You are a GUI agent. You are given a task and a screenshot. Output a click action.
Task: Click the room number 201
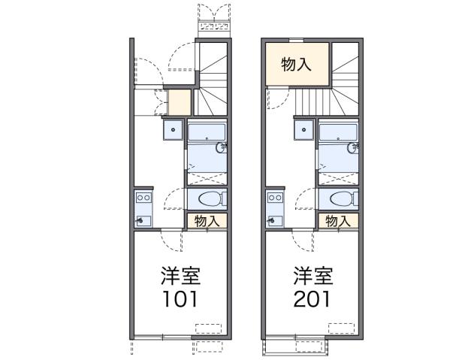tap(310, 298)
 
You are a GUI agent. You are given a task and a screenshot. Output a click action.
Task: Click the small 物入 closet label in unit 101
tap(207, 221)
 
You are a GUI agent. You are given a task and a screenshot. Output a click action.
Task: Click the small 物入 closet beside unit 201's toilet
tap(338, 221)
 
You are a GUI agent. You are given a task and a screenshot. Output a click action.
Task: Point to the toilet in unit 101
tap(207, 199)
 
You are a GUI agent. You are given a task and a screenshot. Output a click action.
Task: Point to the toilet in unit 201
tap(339, 199)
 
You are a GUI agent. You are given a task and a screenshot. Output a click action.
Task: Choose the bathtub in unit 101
tap(206, 133)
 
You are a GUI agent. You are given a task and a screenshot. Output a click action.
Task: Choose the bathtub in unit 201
tap(337, 133)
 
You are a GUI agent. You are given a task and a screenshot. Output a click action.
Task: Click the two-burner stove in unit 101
tap(143, 198)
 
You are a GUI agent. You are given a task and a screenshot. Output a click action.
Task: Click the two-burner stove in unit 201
tap(274, 198)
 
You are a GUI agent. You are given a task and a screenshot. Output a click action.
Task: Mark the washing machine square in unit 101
tap(174, 129)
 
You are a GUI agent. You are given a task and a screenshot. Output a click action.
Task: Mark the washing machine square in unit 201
tap(305, 129)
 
